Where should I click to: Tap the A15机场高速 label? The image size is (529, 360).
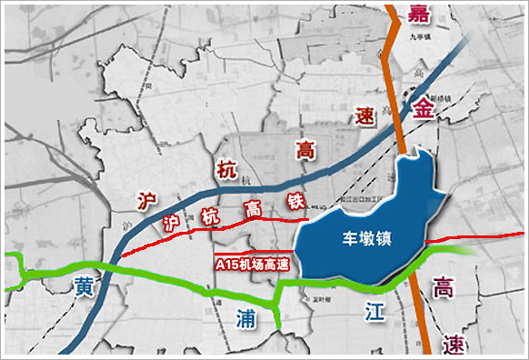[252, 265]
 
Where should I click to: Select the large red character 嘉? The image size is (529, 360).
[419, 15]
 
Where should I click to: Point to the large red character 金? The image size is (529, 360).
[424, 107]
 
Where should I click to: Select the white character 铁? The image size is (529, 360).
[296, 200]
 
